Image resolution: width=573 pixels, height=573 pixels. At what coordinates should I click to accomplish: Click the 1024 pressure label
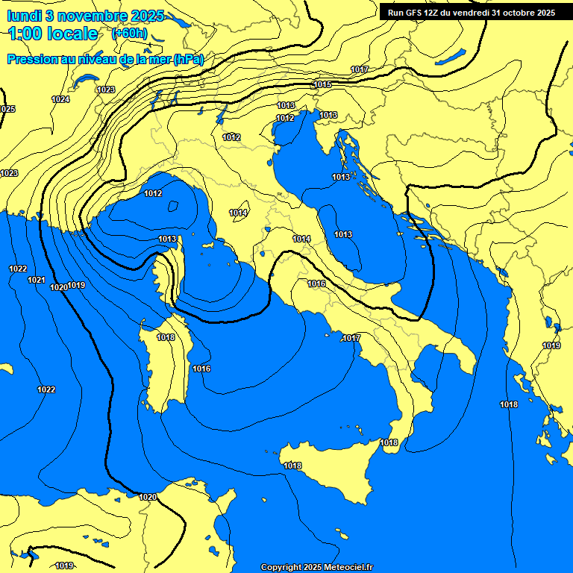point(60,99)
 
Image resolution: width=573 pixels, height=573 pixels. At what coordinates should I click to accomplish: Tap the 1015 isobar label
point(322,84)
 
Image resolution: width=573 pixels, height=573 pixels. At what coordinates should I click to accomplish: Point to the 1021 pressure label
point(36,280)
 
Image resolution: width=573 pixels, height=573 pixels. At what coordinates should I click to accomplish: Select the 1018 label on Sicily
point(292,466)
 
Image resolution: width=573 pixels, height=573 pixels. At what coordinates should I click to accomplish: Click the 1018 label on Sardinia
point(166,338)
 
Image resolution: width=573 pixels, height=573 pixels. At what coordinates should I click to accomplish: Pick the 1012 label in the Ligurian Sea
point(153,194)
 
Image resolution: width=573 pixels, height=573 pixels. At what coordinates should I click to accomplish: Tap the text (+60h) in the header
point(128,34)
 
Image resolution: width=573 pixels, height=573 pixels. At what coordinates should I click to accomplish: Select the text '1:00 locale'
point(53,34)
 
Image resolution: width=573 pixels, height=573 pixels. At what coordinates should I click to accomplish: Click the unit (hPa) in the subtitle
point(188,59)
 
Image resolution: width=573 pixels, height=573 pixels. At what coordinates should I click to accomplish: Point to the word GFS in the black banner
point(423,13)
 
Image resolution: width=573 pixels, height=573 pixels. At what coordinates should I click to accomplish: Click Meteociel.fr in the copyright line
point(351,568)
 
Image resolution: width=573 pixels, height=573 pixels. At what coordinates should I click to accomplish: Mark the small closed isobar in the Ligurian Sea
point(173,206)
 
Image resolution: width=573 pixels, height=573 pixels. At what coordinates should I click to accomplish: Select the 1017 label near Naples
point(352,339)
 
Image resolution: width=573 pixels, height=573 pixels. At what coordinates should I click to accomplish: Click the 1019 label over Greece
point(551,345)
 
